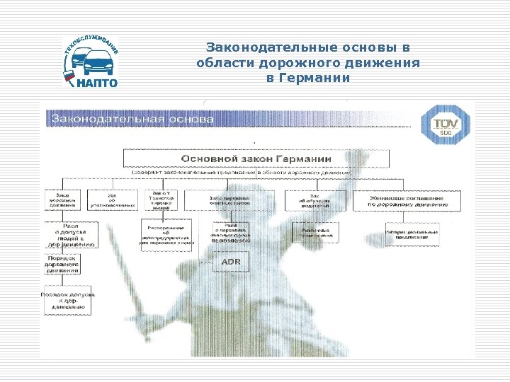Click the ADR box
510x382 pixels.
(x=231, y=262)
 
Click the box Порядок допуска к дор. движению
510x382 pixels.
(x=65, y=301)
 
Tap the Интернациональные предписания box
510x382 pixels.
(x=412, y=233)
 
